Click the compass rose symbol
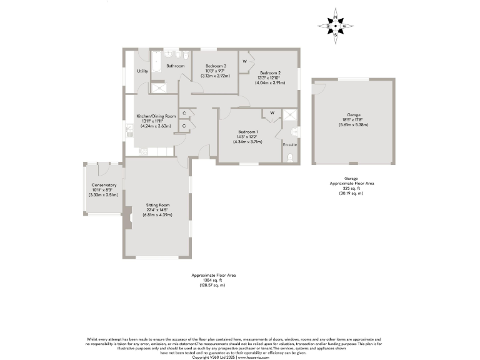tap(336, 26)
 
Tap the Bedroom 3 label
tap(216, 66)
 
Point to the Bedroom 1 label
tap(247, 131)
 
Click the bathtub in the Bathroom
tap(156, 62)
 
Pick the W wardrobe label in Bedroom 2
tap(244, 61)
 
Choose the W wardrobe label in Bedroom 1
tap(272, 113)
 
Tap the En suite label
tap(289, 144)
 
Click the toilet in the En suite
tap(290, 157)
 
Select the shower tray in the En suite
tap(289, 114)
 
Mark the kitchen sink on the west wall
tap(129, 130)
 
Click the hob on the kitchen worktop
tap(142, 151)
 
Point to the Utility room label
tap(142, 71)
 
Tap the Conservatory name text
tap(104, 185)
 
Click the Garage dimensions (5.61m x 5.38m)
tap(354, 125)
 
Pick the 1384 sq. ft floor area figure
tap(212, 280)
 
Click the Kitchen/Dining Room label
tap(156, 116)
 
